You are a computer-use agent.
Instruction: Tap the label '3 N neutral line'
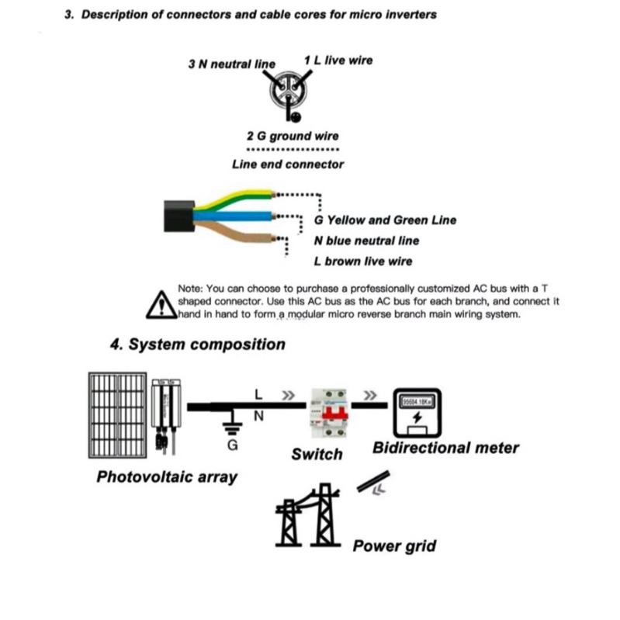(x=231, y=64)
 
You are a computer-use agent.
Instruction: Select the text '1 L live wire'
(x=338, y=60)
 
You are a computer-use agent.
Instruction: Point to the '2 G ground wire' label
(x=293, y=136)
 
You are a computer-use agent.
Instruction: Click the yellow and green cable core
(x=233, y=199)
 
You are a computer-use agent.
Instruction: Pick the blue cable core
(x=233, y=215)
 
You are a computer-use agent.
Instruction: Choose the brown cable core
(x=233, y=232)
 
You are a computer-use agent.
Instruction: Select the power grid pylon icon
(x=309, y=517)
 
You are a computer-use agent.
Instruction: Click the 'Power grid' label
(x=394, y=546)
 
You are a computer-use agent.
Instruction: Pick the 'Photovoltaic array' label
(x=166, y=476)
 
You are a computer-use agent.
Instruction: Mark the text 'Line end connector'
(x=287, y=165)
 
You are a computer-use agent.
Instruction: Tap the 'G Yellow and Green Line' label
(x=385, y=220)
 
